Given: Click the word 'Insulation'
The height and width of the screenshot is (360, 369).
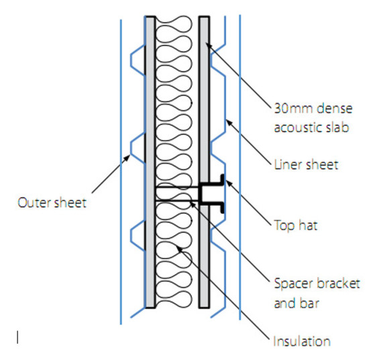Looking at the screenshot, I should click(x=303, y=341).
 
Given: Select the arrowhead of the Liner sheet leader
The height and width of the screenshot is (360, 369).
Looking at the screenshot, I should click(x=227, y=120).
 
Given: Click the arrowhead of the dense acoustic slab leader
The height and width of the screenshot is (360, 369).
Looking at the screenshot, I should click(x=207, y=44).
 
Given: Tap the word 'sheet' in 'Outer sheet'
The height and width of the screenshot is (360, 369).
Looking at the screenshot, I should click(x=72, y=202).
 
